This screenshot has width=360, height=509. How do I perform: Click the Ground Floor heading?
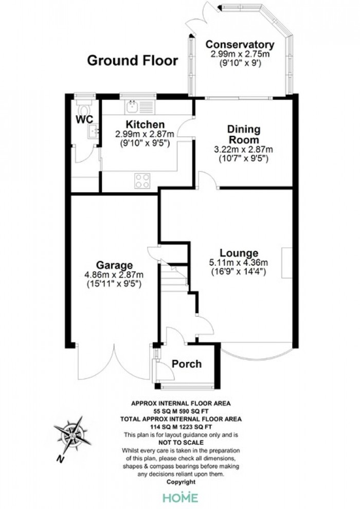pos(133,61)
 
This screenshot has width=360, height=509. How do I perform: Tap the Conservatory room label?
pos(240,44)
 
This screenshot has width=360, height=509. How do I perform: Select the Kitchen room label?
pos(145,124)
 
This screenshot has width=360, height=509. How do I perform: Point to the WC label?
pos(84,119)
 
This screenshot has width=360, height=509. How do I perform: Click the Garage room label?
pos(114,265)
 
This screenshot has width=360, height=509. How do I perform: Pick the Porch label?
pos(187,364)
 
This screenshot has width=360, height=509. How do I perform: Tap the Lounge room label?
pos(239,253)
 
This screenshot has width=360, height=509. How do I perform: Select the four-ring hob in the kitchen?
pos(143,181)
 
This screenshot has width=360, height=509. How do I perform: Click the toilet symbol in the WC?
pos(84,106)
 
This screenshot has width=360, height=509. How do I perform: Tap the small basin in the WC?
pos(94,131)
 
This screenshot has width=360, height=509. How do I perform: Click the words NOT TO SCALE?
pos(181,443)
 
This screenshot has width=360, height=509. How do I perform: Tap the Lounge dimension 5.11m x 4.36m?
pos(239,263)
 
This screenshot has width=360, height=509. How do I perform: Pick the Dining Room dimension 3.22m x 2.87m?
pos(243,150)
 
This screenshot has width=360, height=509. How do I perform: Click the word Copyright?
pos(181,482)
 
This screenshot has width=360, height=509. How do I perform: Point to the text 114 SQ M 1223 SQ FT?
pos(181,427)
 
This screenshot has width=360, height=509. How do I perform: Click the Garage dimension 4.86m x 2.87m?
pos(114,275)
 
